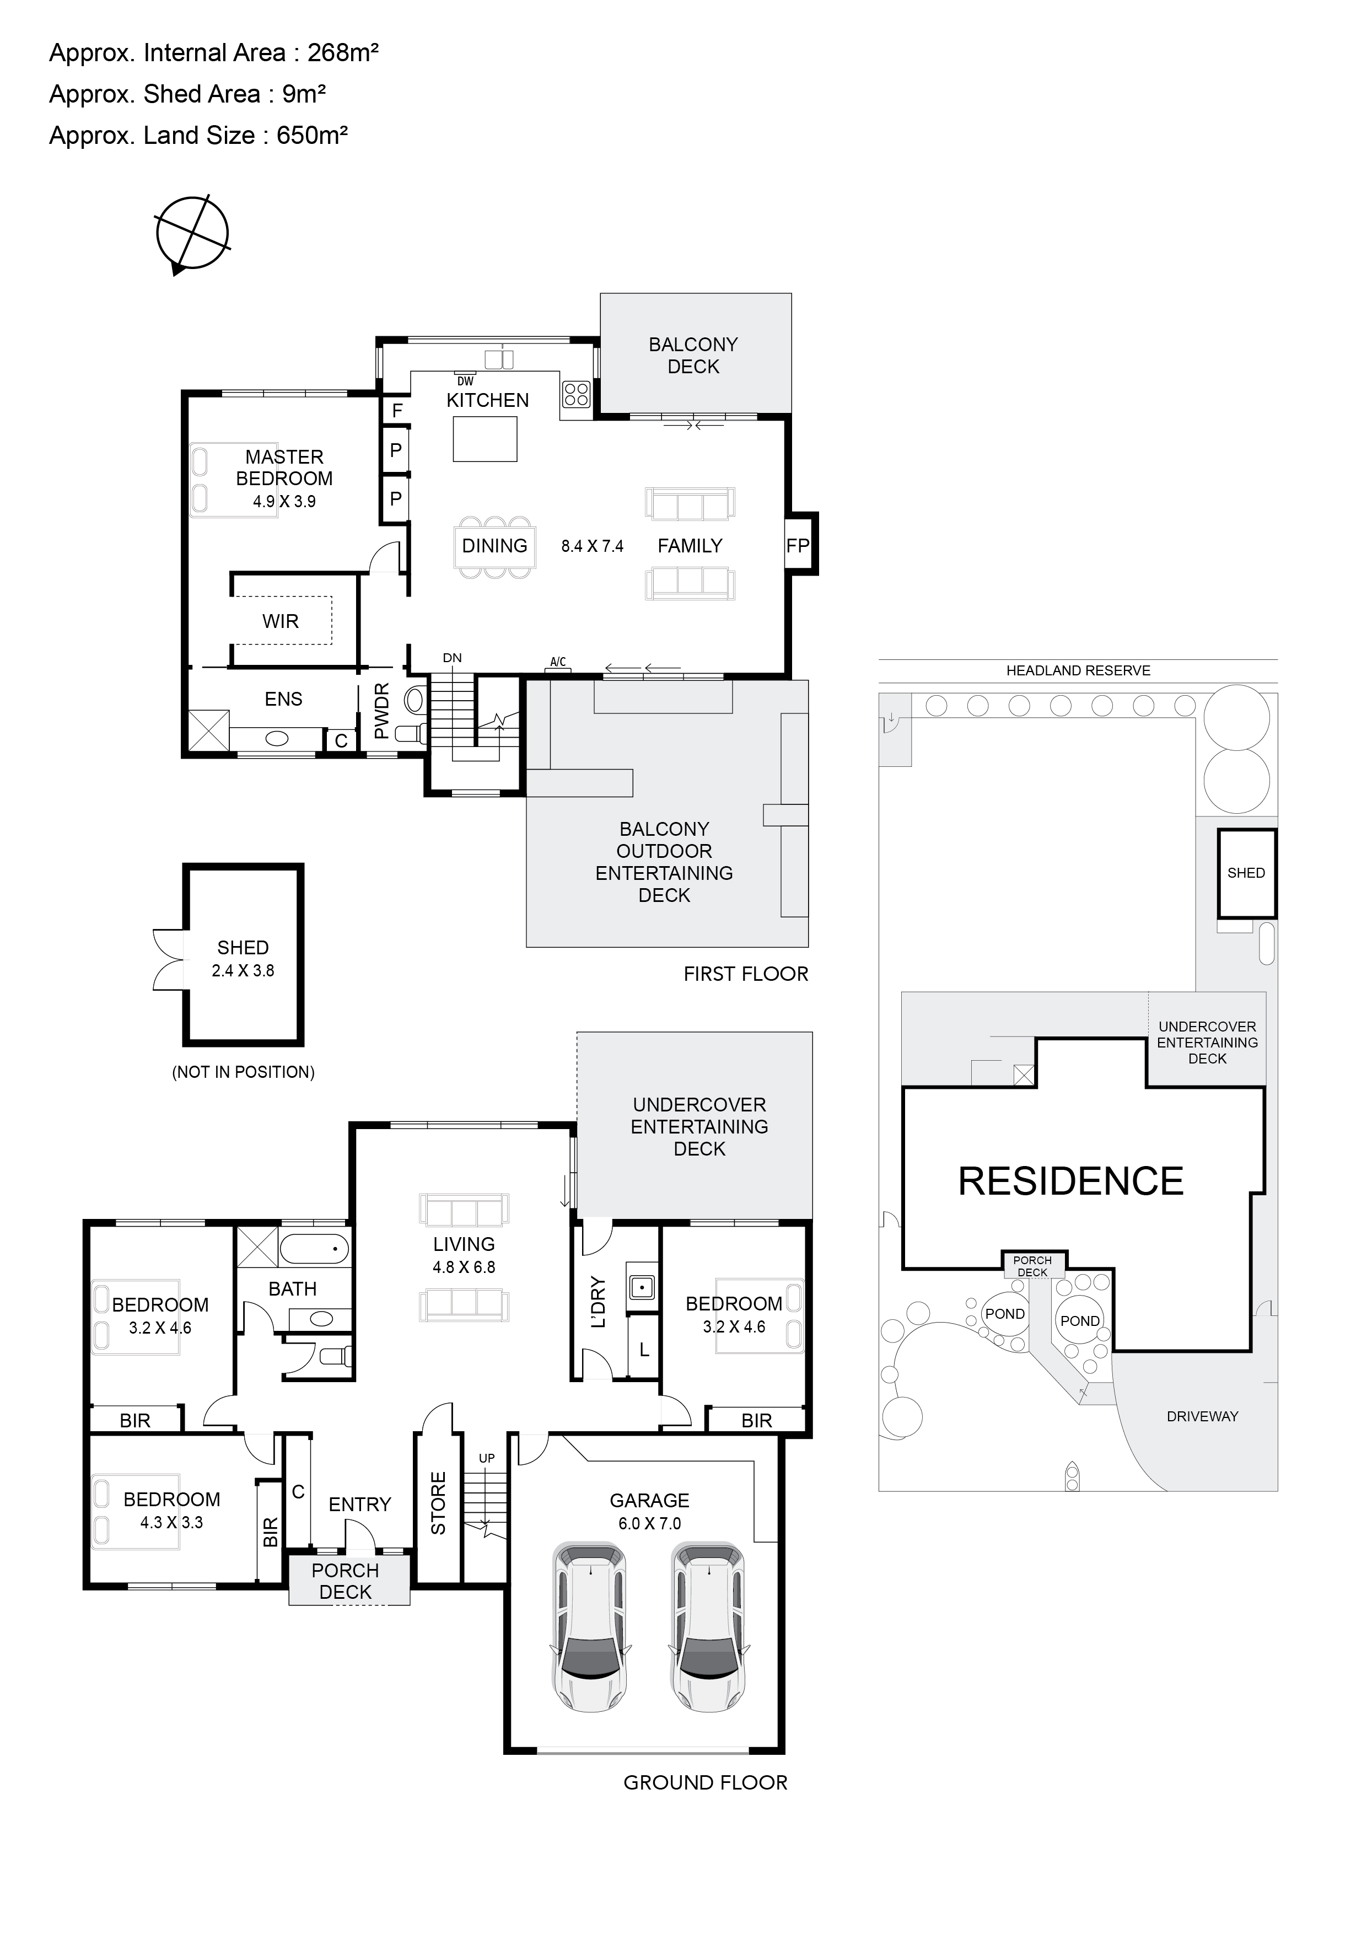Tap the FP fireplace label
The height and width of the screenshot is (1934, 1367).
[798, 546]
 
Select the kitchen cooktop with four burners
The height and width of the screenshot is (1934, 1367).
[576, 394]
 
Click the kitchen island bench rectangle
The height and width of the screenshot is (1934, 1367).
[485, 439]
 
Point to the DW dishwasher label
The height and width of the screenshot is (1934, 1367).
[465, 381]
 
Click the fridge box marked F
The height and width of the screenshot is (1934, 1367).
[397, 410]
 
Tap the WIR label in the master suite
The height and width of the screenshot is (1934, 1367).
[281, 622]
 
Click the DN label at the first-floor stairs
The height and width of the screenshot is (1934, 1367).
[453, 658]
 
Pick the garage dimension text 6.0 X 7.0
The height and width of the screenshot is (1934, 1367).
[649, 1523]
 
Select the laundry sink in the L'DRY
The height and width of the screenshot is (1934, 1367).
[642, 1286]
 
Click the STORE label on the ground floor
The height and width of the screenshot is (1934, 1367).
[438, 1503]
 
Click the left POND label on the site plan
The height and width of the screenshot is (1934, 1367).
[1005, 1314]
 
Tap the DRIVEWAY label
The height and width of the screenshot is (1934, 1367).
[1202, 1417]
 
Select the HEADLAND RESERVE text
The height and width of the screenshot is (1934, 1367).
[1078, 670]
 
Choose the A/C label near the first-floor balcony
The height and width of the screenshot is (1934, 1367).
[558, 662]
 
